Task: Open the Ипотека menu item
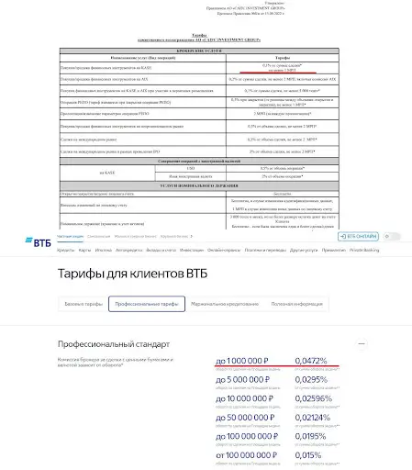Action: point(104,249)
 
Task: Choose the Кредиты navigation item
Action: point(65,249)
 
